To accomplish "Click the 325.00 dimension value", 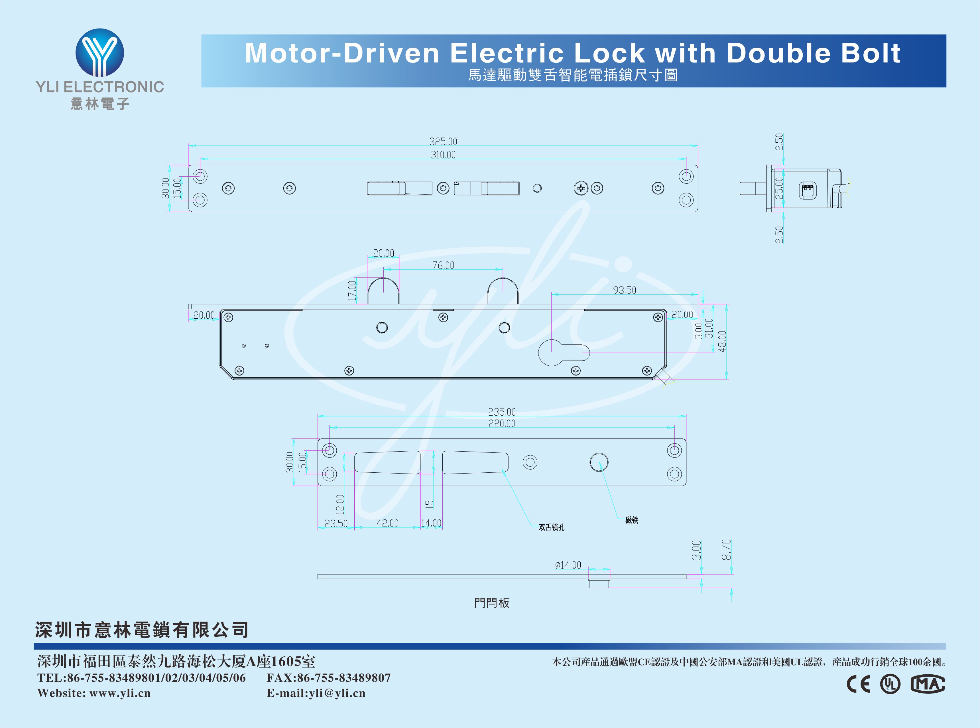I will (443, 141).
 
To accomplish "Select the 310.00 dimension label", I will (443, 155).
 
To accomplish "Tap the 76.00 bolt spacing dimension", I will (443, 265).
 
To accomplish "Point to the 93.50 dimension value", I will (624, 290).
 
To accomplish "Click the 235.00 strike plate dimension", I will (501, 412).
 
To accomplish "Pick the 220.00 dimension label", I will (501, 424).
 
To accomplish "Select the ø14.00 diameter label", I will (568, 565).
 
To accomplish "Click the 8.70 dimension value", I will (726, 549).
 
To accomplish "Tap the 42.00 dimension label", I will (387, 523).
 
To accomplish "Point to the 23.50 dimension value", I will (336, 523).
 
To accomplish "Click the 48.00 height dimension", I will (722, 341).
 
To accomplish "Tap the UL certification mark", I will (890, 684).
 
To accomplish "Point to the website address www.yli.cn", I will (120, 693).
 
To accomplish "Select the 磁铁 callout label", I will (631, 520).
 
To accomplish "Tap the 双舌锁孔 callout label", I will (551, 527).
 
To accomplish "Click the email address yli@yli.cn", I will (337, 693).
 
